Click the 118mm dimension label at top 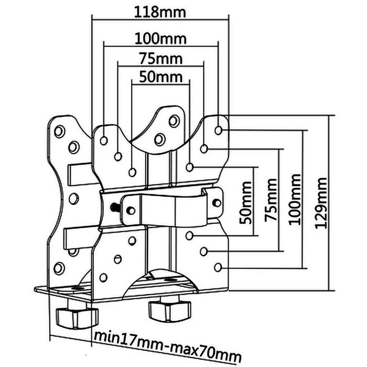160,12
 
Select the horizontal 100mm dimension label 160,39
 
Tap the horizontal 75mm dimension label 161,59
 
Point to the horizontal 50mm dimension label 161,77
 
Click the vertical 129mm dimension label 321,203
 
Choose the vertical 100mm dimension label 295,199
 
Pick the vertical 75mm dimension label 271,200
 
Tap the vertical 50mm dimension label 246,203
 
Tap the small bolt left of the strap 115,207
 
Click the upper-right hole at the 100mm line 218,130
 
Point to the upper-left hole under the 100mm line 104,141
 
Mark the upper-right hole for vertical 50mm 190,167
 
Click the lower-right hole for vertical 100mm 218,267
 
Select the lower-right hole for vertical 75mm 204,251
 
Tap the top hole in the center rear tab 174,121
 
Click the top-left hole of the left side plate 59,131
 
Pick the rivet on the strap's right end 217,203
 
